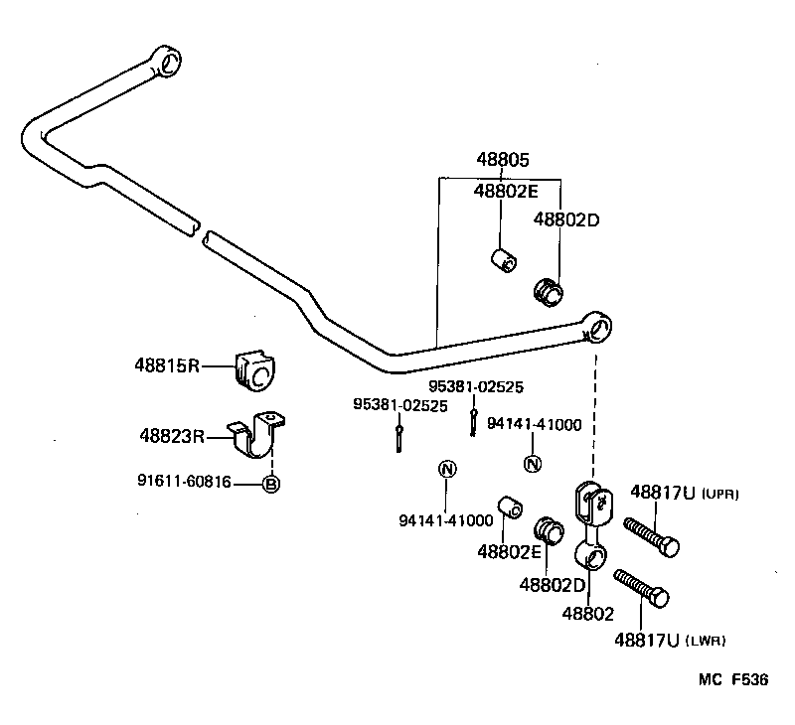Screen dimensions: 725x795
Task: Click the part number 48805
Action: click(x=502, y=160)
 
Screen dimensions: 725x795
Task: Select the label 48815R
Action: click(x=168, y=365)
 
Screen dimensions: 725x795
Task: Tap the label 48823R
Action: click(x=171, y=435)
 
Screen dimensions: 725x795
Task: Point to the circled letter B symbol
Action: click(x=269, y=485)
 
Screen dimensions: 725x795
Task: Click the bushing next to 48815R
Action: click(x=253, y=370)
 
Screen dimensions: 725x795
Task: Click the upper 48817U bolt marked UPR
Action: click(x=650, y=537)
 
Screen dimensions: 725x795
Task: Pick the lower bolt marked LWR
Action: click(x=641, y=588)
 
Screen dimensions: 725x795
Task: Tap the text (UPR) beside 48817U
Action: click(x=721, y=494)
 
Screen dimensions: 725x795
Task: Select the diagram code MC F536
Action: click(x=732, y=681)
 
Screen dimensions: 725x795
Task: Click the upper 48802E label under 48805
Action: click(x=506, y=191)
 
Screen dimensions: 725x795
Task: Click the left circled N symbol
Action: click(x=447, y=469)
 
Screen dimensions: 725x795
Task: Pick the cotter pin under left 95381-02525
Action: click(x=398, y=436)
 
